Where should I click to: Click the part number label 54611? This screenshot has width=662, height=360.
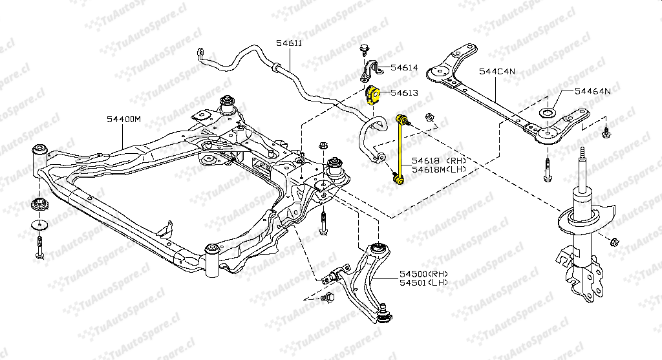click(x=289, y=43)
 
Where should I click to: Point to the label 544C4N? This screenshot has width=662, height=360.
click(x=496, y=72)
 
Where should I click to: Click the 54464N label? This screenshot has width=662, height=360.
click(x=592, y=92)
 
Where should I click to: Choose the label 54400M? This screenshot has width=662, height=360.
click(x=124, y=120)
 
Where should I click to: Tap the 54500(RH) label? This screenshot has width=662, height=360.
click(x=423, y=274)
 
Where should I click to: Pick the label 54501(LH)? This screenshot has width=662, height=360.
click(x=423, y=283)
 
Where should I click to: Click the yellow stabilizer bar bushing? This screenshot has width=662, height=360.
click(x=372, y=94)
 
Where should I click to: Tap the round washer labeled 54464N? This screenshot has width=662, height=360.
click(x=547, y=114)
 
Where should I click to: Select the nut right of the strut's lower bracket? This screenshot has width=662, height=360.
click(x=615, y=242)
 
